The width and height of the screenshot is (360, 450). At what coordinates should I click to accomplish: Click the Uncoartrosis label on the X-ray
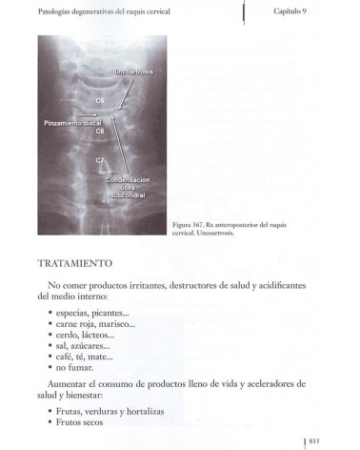(x=140, y=72)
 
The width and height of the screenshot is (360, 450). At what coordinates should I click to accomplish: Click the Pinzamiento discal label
(x=72, y=123)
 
